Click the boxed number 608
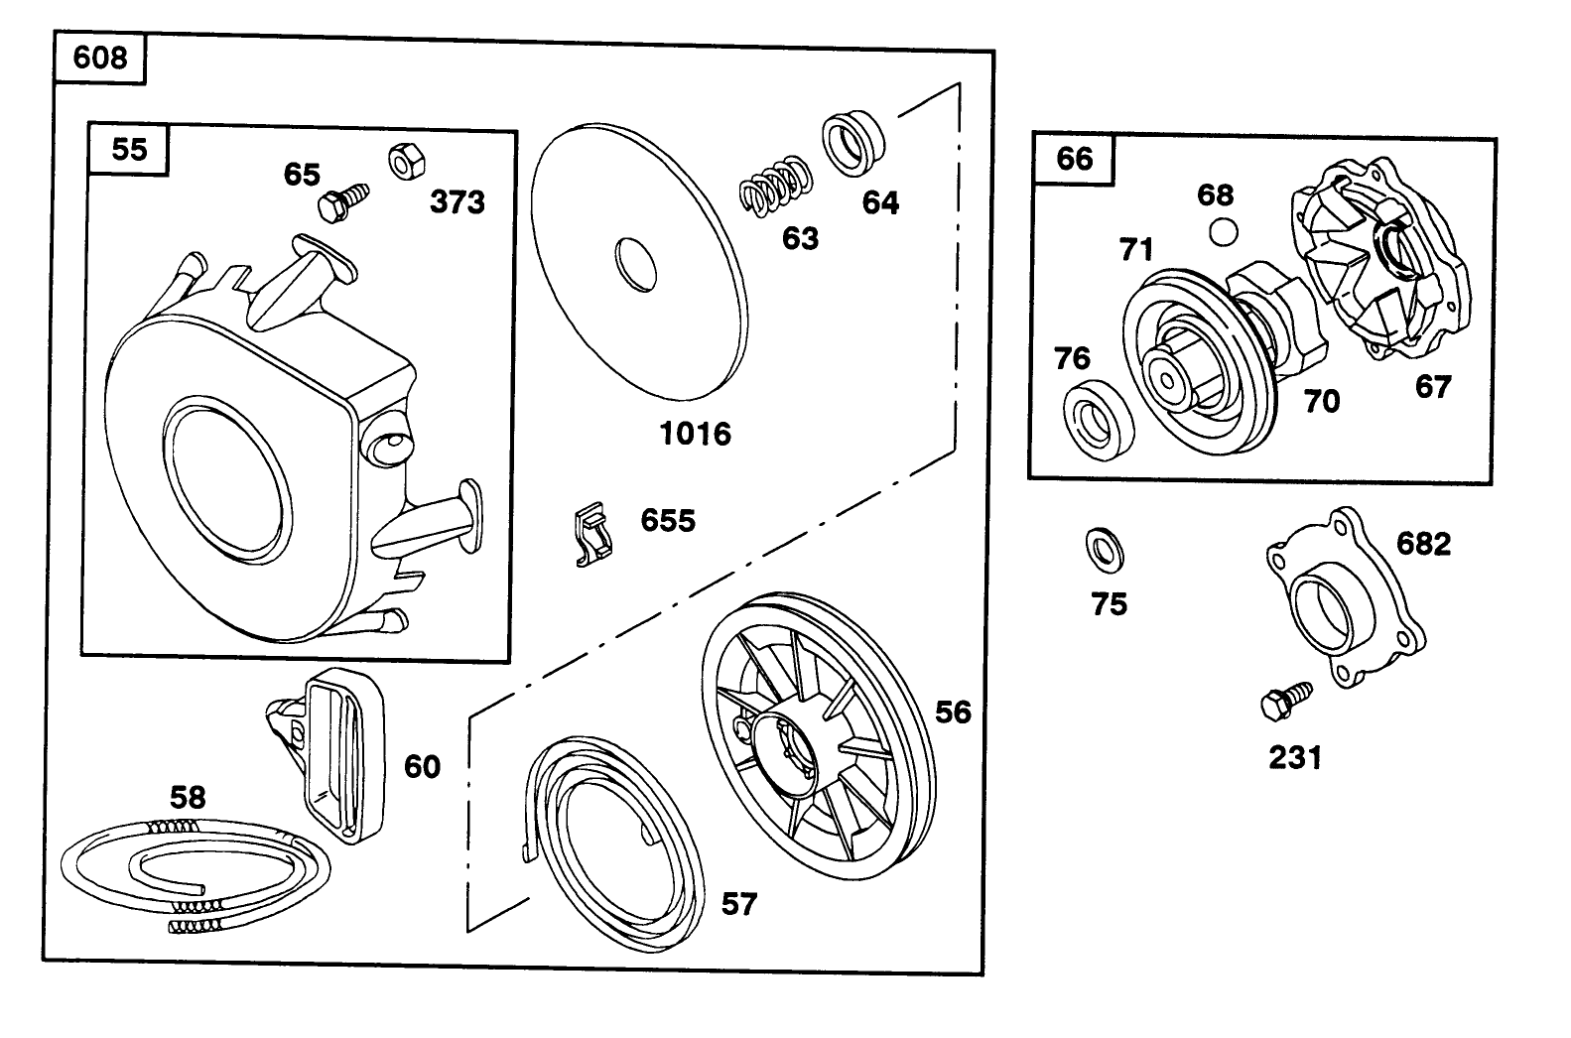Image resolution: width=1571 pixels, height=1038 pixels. point(100,58)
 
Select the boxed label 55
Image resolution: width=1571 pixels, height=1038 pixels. point(129,149)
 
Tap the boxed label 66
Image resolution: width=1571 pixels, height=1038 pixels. point(1074,159)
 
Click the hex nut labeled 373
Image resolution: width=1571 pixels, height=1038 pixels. point(404,161)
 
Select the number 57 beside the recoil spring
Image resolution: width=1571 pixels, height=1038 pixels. point(738,904)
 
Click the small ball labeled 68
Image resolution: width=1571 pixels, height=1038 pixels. point(1223,232)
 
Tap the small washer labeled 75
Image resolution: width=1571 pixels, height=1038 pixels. point(1106,549)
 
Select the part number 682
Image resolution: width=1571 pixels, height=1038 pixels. point(1423,543)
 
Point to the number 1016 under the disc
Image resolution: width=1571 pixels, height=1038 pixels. point(696,433)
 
